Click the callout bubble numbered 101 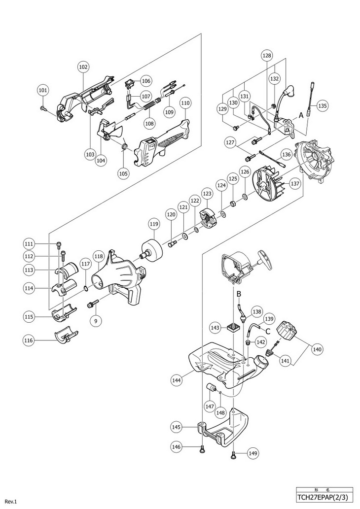tap(43, 90)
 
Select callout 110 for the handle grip tap(185, 103)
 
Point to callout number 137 tap(295, 183)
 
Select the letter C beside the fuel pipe tap(269, 331)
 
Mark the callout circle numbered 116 tap(30, 339)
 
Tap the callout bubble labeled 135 tap(322, 105)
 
